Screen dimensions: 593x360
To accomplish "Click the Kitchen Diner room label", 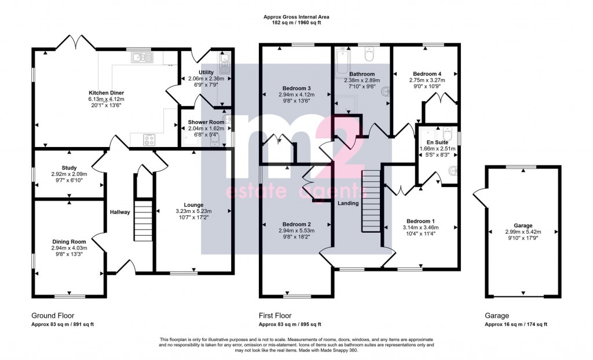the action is [x=107, y=93].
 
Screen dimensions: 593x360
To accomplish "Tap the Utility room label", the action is [x=206, y=72].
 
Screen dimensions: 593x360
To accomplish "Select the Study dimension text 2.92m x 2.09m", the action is [x=69, y=174].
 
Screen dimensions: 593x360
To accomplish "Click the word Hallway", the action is [x=120, y=212].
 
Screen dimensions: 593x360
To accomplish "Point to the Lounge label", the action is [x=193, y=205].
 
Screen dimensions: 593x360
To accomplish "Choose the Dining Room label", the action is [x=69, y=241].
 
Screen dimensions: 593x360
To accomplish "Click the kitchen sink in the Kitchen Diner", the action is [x=142, y=57].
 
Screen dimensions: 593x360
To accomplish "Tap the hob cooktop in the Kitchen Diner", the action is [x=149, y=140].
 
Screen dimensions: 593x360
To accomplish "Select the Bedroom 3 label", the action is [x=296, y=89].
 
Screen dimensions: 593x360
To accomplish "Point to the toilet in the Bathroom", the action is [x=369, y=55].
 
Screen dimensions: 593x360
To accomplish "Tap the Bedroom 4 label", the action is [x=427, y=74].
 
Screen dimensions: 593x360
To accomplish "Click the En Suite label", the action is [x=438, y=142].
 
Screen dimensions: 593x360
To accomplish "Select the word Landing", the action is [x=348, y=204].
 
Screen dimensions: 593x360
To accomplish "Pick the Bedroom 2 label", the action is [x=296, y=224].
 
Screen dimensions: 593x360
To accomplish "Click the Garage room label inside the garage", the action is [x=523, y=226].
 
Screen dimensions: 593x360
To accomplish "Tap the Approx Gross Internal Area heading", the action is [x=296, y=17].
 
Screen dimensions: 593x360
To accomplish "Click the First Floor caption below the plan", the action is [x=275, y=315].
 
